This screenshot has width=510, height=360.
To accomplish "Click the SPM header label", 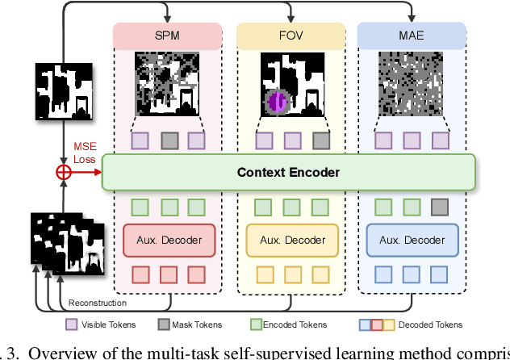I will (x=168, y=36).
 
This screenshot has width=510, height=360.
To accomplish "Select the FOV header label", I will (x=290, y=36).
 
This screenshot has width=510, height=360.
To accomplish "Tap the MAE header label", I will (x=412, y=36).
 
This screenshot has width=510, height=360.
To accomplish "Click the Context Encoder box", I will (x=289, y=173).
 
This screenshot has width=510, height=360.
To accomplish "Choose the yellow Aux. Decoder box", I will (x=290, y=240).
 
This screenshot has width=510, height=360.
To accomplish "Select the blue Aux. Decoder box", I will (x=412, y=240).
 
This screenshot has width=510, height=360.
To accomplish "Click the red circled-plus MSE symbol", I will (x=61, y=172).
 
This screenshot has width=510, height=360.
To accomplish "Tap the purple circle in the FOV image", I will (x=277, y=103).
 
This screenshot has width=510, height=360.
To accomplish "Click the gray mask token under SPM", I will (x=169, y=140).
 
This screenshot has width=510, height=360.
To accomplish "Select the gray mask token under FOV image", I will (x=320, y=140).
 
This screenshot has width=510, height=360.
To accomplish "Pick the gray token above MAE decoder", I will (x=440, y=206).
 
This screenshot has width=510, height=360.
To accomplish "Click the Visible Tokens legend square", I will (x=71, y=325).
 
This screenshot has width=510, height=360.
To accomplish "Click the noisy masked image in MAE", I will (x=412, y=87).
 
